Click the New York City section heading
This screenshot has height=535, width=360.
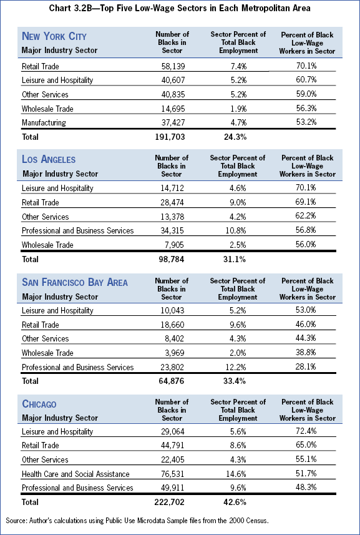[x=54, y=36]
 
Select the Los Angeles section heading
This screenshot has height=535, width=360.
[x=49, y=159]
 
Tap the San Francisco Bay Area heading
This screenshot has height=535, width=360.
[x=75, y=282]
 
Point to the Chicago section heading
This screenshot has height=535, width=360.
[x=39, y=404]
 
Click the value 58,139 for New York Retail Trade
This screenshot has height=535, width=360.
[x=172, y=66]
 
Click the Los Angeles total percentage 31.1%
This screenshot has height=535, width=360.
[x=235, y=260]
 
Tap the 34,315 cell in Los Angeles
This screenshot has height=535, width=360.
[x=172, y=231]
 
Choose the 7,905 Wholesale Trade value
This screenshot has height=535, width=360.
[x=175, y=245]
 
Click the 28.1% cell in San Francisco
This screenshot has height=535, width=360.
[x=306, y=367]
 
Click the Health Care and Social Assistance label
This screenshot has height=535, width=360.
[x=75, y=474]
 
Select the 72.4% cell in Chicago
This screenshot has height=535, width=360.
[x=306, y=431]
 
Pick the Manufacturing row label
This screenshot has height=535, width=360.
[x=44, y=122]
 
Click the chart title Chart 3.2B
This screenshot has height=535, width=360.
[x=180, y=9]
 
